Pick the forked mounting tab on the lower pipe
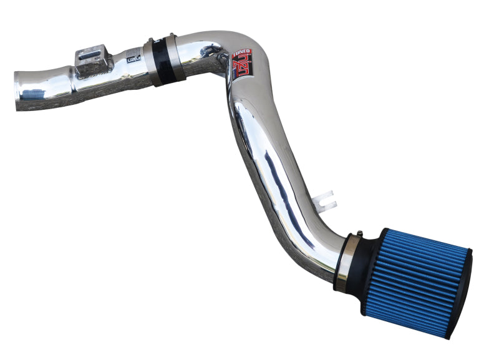324,201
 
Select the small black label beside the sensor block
133,58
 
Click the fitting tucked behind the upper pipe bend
221,59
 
